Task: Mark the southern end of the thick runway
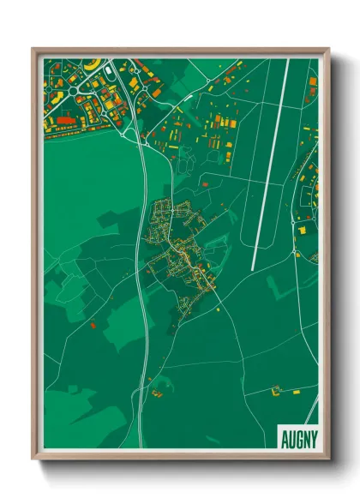(253, 268)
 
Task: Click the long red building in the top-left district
(62, 123)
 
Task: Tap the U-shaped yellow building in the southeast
(277, 392)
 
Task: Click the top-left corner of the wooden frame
(33, 49)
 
